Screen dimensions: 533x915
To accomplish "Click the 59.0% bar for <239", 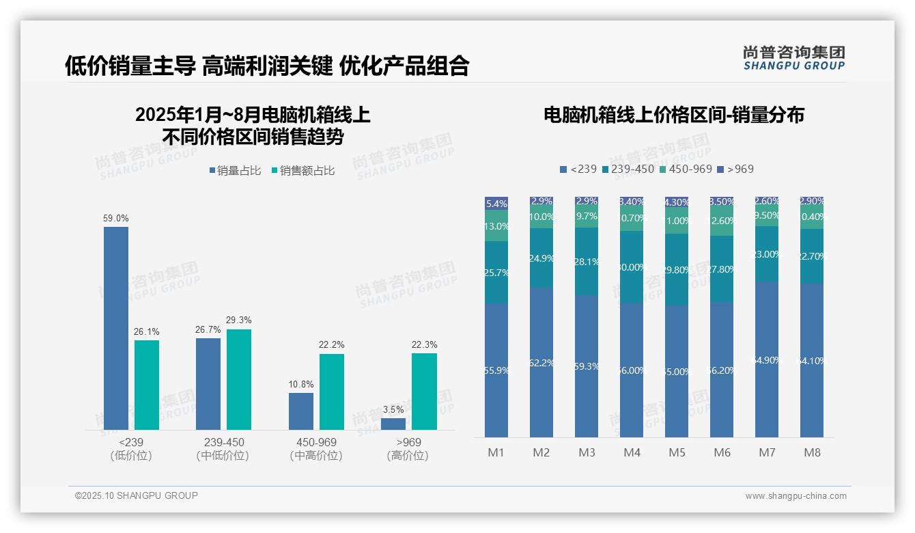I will click(116, 328).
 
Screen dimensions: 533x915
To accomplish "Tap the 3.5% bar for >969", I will click(393, 424).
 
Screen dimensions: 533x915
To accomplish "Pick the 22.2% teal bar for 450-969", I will click(332, 392).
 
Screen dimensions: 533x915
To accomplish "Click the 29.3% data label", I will click(239, 320).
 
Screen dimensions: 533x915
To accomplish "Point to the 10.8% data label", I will click(300, 384).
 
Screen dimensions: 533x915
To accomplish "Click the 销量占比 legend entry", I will click(234, 171).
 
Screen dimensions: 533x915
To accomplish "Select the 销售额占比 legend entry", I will click(302, 171).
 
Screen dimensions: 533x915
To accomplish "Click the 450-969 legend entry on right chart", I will click(685, 169).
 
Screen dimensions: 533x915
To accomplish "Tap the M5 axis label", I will click(677, 452).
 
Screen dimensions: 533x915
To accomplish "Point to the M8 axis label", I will click(812, 452).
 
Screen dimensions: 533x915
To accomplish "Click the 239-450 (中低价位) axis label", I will click(223, 449).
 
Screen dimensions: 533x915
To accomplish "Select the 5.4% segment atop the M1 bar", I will click(496, 203).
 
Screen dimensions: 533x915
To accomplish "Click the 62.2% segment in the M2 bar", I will click(541, 362).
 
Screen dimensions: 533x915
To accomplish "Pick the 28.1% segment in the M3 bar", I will click(587, 261).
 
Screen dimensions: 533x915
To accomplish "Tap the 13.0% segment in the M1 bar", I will click(496, 225).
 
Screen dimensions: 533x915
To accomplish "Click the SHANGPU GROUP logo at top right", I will click(793, 58).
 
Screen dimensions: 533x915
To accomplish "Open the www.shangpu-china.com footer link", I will click(796, 496).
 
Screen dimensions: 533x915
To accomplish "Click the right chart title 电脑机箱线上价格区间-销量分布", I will click(673, 115).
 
